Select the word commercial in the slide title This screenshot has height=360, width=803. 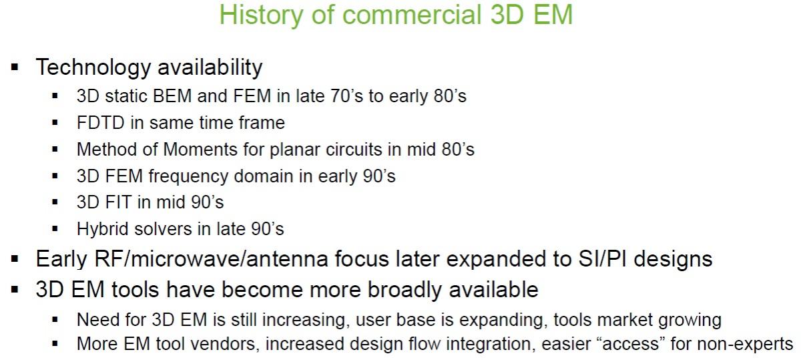[x=412, y=15]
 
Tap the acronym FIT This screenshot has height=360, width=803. [x=119, y=202]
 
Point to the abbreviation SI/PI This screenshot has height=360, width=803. [x=602, y=259]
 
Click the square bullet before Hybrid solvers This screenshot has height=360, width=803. [x=55, y=229]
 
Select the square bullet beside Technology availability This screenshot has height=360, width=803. [x=15, y=67]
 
